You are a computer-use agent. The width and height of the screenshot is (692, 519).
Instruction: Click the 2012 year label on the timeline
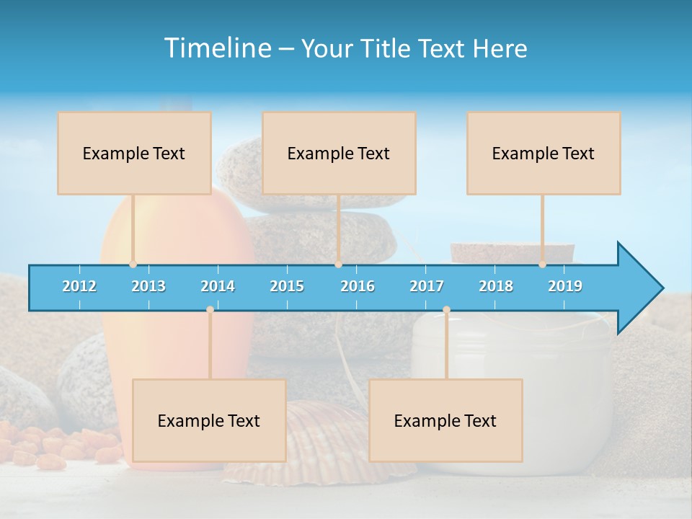[79, 286]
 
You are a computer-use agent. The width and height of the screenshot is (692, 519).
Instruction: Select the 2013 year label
[148, 286]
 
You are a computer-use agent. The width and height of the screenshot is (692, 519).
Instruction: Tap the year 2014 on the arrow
[218, 286]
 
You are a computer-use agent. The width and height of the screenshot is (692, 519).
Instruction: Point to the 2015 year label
[287, 286]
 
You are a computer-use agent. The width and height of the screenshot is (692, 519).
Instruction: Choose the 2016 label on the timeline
[358, 286]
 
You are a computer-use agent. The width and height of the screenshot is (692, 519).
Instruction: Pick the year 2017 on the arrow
[427, 286]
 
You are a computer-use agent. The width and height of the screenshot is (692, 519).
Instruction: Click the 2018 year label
[496, 286]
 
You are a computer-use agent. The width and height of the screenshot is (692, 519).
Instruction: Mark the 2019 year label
[565, 286]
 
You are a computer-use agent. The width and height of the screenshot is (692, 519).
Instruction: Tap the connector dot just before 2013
[133, 265]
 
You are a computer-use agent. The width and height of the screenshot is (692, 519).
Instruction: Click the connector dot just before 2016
[338, 265]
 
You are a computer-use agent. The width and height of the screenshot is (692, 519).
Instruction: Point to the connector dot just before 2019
[542, 265]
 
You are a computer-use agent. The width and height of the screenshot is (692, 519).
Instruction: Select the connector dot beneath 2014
[210, 310]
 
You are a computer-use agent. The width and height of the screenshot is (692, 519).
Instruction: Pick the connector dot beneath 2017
[446, 310]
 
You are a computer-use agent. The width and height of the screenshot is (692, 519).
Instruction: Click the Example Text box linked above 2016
[339, 153]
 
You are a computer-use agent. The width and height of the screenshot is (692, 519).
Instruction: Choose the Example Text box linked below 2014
[209, 420]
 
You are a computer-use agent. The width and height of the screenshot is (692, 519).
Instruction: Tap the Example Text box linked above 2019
[544, 153]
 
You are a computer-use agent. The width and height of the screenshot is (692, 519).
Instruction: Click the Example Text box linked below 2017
[445, 420]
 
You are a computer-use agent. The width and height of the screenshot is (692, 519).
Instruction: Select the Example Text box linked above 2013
[134, 153]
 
